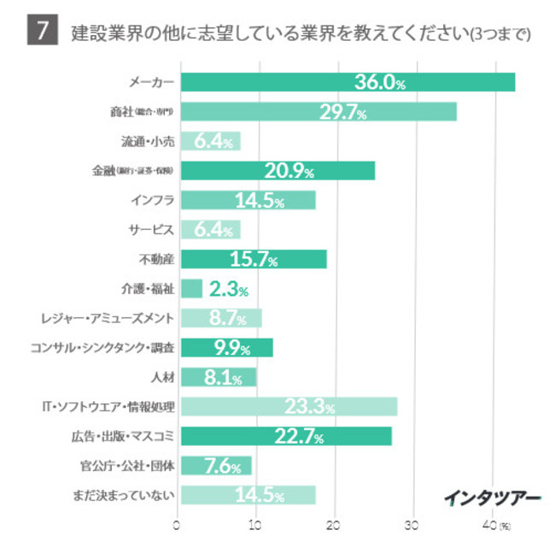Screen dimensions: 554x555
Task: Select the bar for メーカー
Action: pyautogui.click(x=348, y=82)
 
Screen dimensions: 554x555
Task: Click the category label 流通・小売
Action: pyautogui.click(x=147, y=141)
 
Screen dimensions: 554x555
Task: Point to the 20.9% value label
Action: pyautogui.click(x=289, y=171)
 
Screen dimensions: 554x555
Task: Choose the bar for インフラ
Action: pyautogui.click(x=248, y=200)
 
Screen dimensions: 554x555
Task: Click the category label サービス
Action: pyautogui.click(x=152, y=230)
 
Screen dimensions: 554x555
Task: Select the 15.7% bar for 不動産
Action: pyautogui.click(x=254, y=259)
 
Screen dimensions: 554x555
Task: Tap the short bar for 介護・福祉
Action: pyautogui.click(x=192, y=289)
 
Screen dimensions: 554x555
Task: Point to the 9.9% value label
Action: pyautogui.click(x=227, y=348)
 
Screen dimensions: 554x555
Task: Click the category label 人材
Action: pyautogui.click(x=161, y=377)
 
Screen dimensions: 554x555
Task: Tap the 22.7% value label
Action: pyautogui.click(x=299, y=436)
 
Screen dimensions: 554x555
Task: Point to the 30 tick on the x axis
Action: pyautogui.click(x=414, y=524)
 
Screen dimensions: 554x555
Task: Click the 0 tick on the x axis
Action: pyautogui.click(x=178, y=524)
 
